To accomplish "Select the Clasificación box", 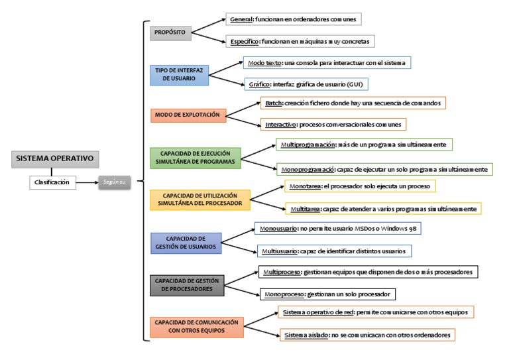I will [x=52, y=182].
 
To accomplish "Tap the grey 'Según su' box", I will [x=115, y=182].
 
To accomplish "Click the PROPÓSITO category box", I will [x=170, y=31].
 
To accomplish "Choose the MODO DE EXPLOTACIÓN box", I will [x=188, y=115].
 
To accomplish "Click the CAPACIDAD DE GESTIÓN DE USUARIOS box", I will [x=190, y=242].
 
